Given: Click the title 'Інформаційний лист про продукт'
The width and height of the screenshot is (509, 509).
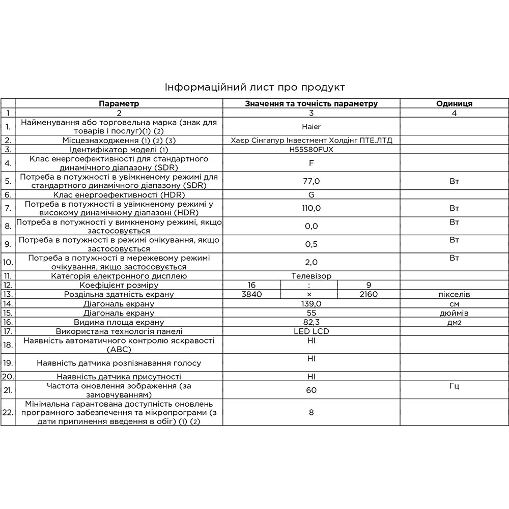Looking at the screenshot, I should [x=254, y=87].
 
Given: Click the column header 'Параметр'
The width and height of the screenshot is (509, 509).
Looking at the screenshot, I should [x=119, y=103].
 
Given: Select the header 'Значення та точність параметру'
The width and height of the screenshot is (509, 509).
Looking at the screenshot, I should [x=311, y=103].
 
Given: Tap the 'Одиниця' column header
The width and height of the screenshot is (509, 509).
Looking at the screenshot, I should [x=454, y=103].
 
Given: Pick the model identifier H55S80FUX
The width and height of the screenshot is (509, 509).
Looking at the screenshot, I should [x=311, y=150].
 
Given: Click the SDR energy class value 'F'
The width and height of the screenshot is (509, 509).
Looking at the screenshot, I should [x=311, y=163].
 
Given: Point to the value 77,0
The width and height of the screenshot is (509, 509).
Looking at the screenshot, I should [x=311, y=181].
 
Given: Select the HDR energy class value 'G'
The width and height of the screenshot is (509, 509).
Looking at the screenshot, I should [x=311, y=194].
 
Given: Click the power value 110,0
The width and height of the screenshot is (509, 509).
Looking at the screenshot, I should [x=311, y=208].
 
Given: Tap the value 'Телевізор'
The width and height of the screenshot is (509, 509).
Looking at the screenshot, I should [x=311, y=276].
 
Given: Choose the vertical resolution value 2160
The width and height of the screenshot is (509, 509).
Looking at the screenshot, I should [x=368, y=294].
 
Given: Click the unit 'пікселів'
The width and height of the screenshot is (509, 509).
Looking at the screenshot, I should [x=454, y=294].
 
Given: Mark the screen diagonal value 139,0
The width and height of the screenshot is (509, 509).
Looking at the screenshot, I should [x=311, y=303].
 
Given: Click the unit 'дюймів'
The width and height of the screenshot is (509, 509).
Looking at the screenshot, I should [x=454, y=313].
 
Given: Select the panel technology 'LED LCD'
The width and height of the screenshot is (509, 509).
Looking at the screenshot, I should [x=311, y=331].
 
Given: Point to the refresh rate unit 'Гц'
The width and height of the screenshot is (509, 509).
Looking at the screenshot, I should [x=454, y=386].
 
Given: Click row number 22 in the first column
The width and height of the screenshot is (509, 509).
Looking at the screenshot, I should [x=8, y=412].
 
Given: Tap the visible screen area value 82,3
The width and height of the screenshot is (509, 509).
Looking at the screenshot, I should [x=311, y=322].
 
